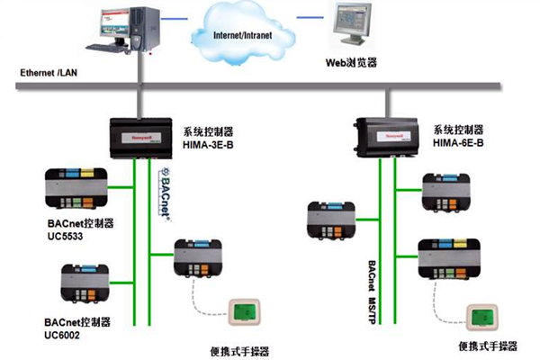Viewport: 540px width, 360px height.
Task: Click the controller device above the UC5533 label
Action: (x=79, y=187)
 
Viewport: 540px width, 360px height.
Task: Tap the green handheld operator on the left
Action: (x=241, y=311)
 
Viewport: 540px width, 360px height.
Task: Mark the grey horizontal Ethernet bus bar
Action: (x=270, y=85)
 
